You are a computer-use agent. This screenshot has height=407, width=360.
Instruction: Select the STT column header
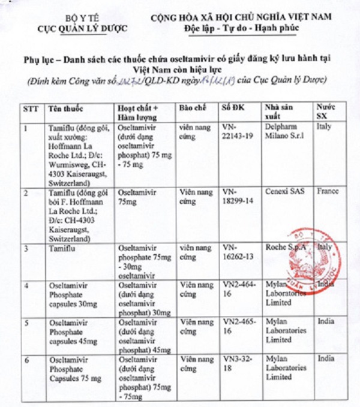30,109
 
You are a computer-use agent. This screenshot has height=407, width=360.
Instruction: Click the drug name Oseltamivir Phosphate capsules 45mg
73,331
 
